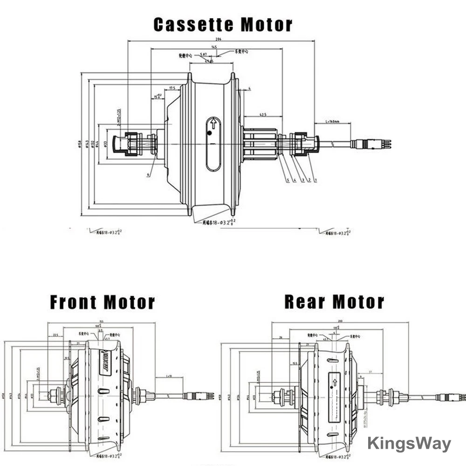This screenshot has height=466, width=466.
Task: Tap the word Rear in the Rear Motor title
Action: click(304, 302)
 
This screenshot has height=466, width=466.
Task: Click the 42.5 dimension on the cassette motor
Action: click(263, 115)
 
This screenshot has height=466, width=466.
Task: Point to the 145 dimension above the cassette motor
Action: click(214, 47)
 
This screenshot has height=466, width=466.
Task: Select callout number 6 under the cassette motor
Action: click(148, 174)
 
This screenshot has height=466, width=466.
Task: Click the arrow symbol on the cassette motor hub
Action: click(213, 123)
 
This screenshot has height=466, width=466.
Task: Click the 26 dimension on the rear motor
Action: click(281, 338)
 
